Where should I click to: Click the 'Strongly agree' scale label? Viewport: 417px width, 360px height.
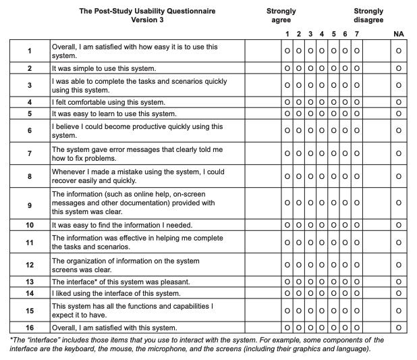click(281, 16)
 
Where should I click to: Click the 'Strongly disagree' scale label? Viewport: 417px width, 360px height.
click(368, 16)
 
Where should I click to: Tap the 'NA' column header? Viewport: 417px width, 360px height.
click(399, 34)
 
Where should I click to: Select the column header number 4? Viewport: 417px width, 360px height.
click(322, 34)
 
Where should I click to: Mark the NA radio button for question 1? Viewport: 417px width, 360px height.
click(399, 51)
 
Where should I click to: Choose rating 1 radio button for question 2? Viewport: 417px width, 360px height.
click(287, 69)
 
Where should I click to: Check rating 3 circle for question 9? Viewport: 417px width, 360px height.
click(310, 203)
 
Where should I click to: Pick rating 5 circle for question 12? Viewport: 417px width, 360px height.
click(334, 265)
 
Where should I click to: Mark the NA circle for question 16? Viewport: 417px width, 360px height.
click(399, 328)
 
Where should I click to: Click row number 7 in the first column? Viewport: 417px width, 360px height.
click(29, 153)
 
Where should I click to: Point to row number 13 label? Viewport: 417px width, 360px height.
click(29, 282)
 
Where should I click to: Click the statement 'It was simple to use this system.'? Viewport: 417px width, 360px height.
click(104, 69)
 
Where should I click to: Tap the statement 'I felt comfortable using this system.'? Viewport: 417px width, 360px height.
click(109, 103)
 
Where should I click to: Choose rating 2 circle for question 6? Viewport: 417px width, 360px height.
click(299, 130)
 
